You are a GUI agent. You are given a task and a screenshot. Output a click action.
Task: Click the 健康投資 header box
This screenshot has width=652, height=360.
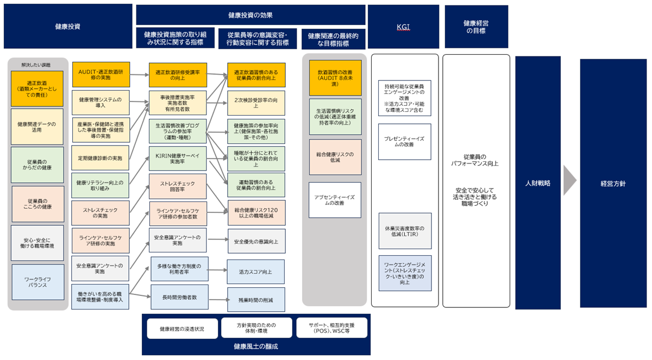click(68, 26)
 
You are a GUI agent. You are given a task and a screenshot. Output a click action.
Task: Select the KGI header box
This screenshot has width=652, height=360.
click(403, 26)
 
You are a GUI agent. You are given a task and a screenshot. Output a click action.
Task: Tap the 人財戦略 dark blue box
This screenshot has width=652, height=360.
click(537, 183)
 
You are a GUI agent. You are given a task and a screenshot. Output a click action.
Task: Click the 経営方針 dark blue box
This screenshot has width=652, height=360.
click(612, 183)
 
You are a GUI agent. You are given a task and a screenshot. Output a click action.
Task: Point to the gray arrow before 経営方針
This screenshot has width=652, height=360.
click(569, 180)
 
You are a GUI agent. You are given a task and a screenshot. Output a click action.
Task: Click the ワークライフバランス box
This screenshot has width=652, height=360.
click(37, 282)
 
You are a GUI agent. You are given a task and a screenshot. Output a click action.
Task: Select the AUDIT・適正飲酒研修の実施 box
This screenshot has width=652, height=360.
click(101, 75)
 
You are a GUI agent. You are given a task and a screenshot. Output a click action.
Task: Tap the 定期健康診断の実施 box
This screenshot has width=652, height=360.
click(101, 158)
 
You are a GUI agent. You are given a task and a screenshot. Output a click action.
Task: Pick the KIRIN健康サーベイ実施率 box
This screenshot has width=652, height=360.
click(178, 158)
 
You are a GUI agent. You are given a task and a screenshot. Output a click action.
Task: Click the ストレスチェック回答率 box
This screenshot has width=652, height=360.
click(178, 186)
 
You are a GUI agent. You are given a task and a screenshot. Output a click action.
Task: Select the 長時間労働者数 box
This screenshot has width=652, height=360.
click(179, 297)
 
